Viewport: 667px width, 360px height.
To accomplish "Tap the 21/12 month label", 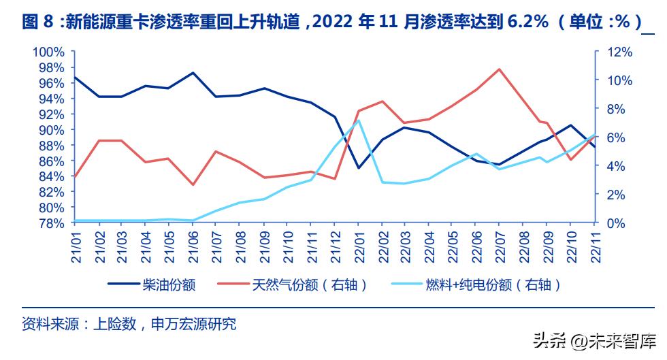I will (x=335, y=242).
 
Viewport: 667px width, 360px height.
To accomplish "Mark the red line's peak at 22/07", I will (x=500, y=69).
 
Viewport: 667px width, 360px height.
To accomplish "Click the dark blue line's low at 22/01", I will (x=359, y=167).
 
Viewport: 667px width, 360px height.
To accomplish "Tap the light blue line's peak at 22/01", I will (x=359, y=120).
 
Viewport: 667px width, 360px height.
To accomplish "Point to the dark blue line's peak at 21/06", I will (x=193, y=73).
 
